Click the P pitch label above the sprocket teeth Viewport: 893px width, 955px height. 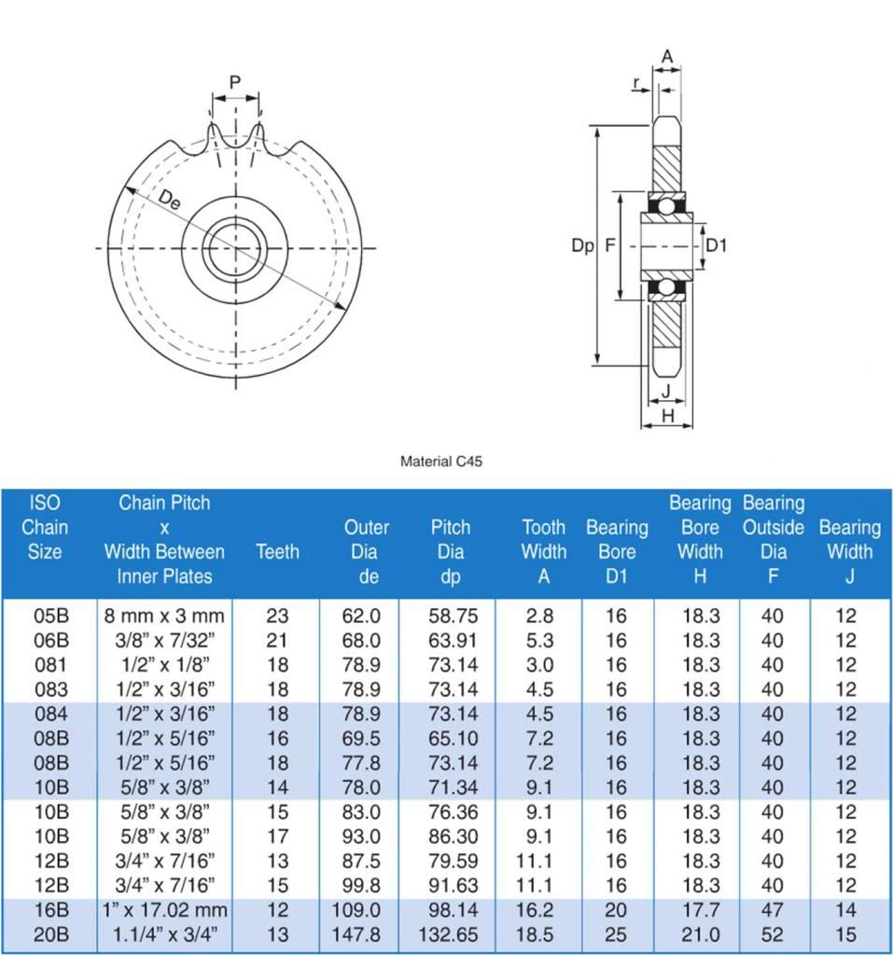tap(235, 83)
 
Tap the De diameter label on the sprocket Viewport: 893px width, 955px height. tap(170, 200)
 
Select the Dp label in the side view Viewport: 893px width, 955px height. tap(582, 245)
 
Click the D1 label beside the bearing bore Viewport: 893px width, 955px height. tap(716, 245)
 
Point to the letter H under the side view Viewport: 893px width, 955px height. tap(667, 415)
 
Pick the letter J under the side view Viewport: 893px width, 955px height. tap(665, 390)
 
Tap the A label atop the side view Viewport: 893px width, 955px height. tap(667, 57)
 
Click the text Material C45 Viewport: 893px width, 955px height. tap(441, 461)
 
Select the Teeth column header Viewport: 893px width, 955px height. tap(277, 551)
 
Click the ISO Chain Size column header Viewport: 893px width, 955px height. tap(45, 527)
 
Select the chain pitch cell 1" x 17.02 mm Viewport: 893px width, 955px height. tap(164, 909)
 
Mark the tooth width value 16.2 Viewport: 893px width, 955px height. tap(538, 909)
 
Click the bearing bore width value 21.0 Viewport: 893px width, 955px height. tap(700, 934)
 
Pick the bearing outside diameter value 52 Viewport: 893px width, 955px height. tap(772, 934)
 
